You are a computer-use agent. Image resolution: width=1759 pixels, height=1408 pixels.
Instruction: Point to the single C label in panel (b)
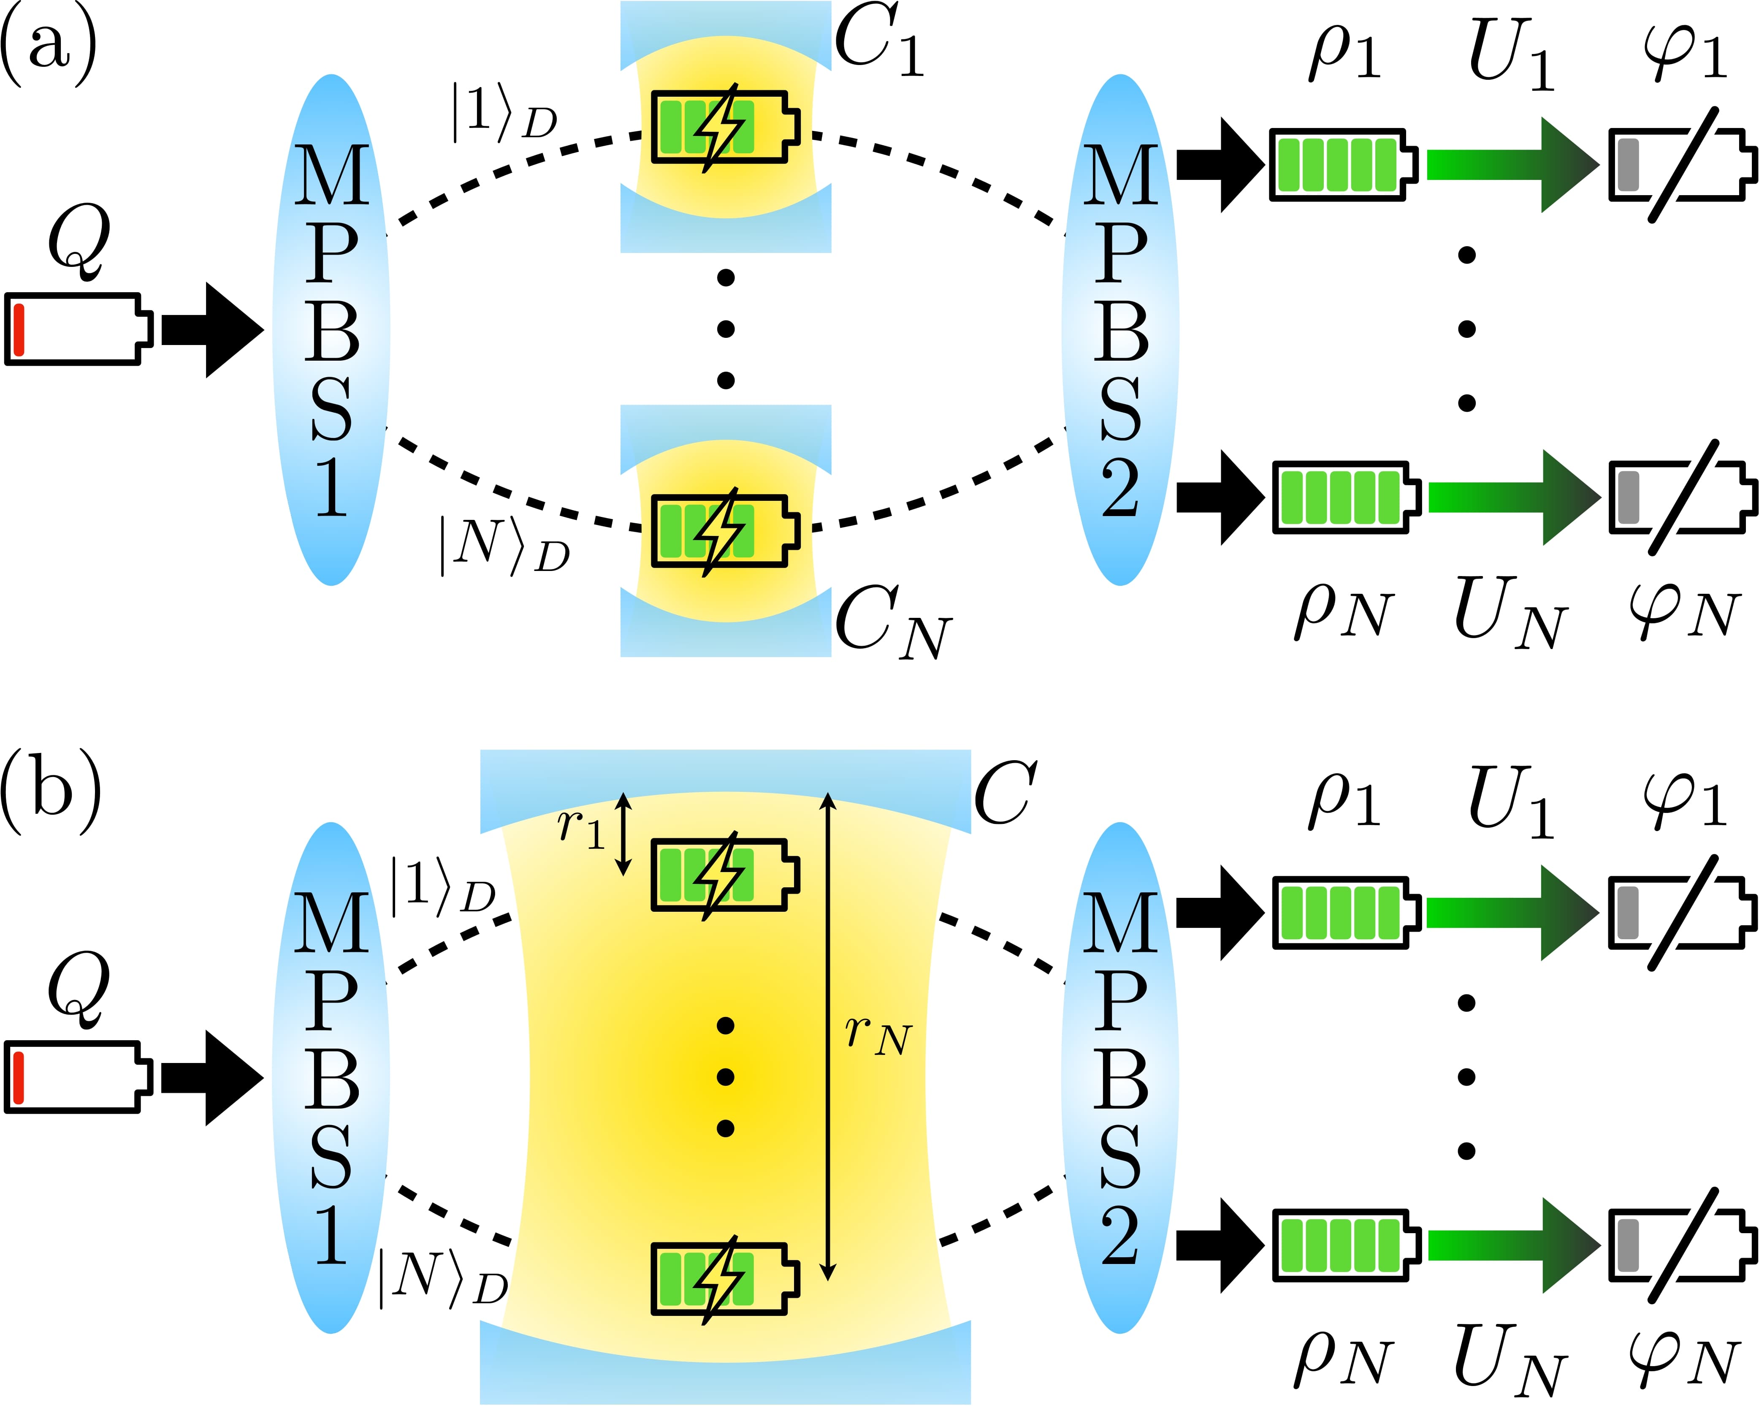click(x=1005, y=794)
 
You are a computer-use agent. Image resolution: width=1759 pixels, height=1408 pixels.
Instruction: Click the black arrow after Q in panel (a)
click(x=212, y=330)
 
